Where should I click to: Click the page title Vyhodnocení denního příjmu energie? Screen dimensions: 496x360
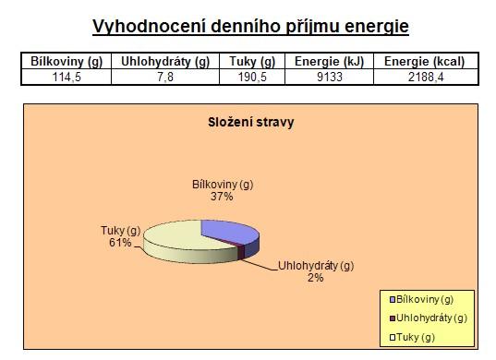[x=250, y=27]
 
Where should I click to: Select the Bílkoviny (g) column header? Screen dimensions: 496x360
[x=67, y=61]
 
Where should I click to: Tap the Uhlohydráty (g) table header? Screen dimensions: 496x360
[x=165, y=61]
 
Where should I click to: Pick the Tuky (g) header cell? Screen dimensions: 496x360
[x=252, y=61]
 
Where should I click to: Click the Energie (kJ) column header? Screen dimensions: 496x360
[x=330, y=61]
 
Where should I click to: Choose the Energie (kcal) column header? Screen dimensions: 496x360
[x=424, y=61]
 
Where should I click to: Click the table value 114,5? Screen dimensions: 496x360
[x=67, y=77]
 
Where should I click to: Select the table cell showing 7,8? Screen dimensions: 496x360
[x=165, y=77]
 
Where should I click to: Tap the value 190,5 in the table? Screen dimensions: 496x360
[x=252, y=77]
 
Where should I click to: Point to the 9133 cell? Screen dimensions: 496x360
[x=330, y=77]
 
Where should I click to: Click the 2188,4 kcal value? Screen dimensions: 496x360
[x=426, y=77]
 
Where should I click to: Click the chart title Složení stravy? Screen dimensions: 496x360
[x=251, y=123]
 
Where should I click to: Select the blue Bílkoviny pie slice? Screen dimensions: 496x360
[x=231, y=233]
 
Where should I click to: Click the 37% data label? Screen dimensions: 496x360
[x=222, y=197]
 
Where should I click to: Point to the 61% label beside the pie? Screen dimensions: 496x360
[x=120, y=243]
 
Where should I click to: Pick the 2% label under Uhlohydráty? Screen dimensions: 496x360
[x=315, y=278]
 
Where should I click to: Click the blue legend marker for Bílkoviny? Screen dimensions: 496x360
[x=393, y=299]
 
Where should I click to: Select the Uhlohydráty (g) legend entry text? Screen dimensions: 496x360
[x=431, y=318]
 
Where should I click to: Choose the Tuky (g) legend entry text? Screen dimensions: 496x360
[x=416, y=337]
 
